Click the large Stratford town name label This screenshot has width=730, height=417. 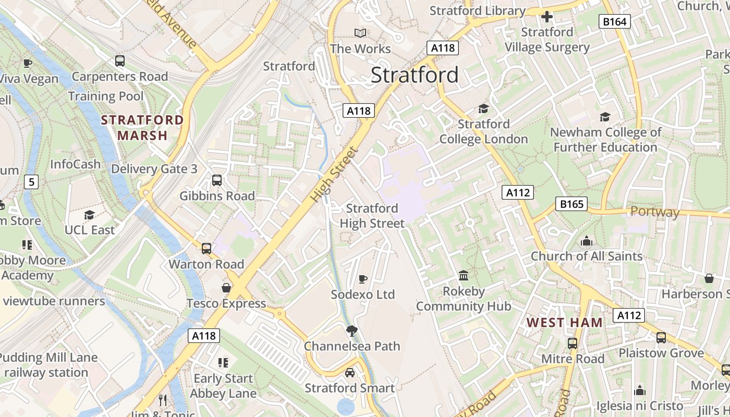click(x=415, y=75)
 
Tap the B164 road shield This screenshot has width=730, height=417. click(x=615, y=21)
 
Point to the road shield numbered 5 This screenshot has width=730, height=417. click(x=31, y=182)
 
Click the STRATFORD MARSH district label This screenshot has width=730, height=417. click(x=142, y=128)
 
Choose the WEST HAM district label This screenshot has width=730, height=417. click(x=564, y=323)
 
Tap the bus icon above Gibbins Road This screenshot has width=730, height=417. click(x=217, y=181)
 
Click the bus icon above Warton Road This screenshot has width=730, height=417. click(x=206, y=249)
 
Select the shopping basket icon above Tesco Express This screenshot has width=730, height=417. click(x=226, y=288)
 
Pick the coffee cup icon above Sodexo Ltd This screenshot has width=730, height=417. click(x=363, y=279)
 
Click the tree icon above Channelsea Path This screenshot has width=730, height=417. click(x=352, y=330)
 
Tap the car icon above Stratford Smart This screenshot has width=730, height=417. click(x=350, y=373)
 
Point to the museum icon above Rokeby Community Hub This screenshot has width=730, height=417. click(x=463, y=275)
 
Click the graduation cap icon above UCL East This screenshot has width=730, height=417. click(x=89, y=215)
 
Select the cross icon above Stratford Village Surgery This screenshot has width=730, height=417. click(x=546, y=17)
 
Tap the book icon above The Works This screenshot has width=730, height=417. click(x=360, y=33)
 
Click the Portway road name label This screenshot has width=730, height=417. click(x=655, y=212)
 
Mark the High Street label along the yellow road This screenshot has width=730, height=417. click(x=334, y=175)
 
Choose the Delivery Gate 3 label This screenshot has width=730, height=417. click(x=154, y=169)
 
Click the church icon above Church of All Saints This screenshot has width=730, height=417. click(x=587, y=241)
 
